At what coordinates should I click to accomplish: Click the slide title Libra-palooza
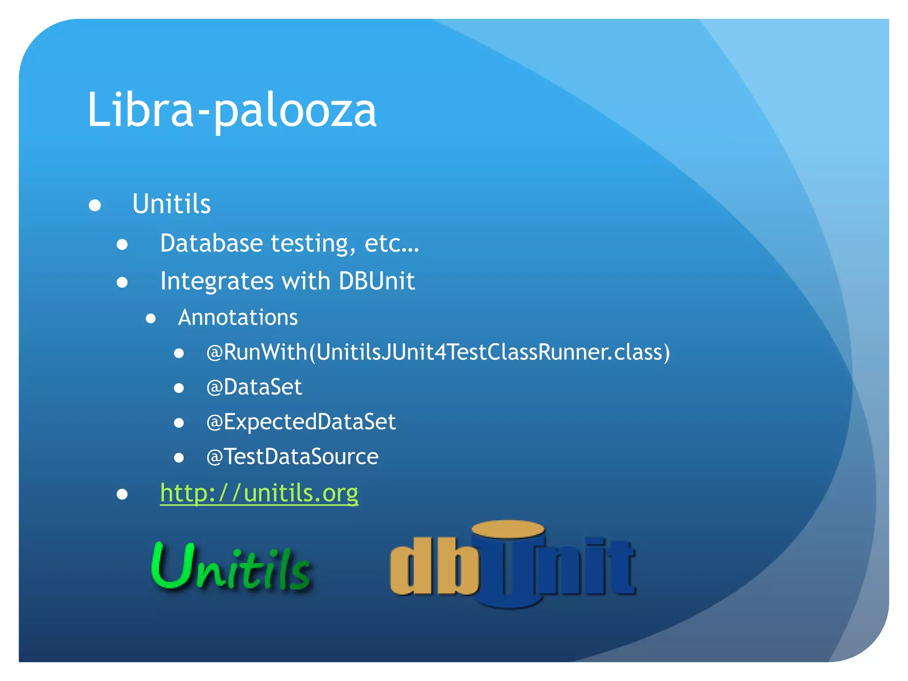click(232, 110)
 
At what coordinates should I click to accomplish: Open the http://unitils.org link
click(259, 493)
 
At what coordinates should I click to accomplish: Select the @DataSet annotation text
click(254, 387)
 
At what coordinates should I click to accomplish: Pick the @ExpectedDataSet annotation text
click(301, 422)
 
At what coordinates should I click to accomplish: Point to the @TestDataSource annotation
click(292, 457)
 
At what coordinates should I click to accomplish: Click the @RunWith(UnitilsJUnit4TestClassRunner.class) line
click(438, 352)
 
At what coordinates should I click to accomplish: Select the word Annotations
click(238, 317)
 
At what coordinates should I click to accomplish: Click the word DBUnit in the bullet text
click(376, 281)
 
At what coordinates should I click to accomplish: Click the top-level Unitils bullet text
click(171, 204)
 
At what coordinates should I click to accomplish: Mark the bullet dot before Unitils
click(95, 205)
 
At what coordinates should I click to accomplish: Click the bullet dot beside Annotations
click(151, 318)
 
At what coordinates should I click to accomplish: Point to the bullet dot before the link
click(122, 494)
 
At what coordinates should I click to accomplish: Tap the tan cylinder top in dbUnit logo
click(508, 529)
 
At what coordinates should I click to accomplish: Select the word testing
click(313, 244)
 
